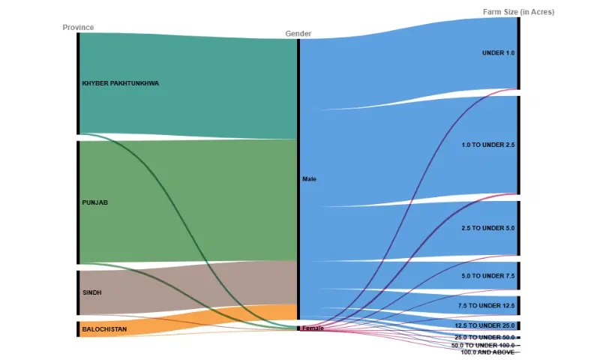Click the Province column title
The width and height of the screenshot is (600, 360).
(78, 28)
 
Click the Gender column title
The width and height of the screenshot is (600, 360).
(298, 34)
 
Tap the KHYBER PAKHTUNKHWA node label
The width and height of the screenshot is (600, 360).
(120, 83)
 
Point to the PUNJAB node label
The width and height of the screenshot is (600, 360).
(95, 202)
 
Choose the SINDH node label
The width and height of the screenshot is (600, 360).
(91, 292)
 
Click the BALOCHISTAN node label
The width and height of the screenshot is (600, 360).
(104, 329)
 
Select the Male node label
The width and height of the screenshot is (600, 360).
(309, 179)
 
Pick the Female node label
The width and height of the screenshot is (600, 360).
(313, 328)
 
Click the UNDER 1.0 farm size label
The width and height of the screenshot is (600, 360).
(498, 53)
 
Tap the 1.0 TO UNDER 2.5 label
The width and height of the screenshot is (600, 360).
(487, 144)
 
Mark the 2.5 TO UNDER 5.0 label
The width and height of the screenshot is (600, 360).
(487, 228)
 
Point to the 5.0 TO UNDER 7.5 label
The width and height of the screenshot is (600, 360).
(487, 276)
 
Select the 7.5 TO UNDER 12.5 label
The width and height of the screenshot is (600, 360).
(486, 306)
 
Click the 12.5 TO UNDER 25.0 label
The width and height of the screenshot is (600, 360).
(484, 325)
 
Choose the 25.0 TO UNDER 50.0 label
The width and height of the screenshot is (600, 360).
(484, 337)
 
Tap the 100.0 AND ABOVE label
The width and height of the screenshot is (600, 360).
(487, 352)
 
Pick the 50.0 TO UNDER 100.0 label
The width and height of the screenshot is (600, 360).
(483, 345)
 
